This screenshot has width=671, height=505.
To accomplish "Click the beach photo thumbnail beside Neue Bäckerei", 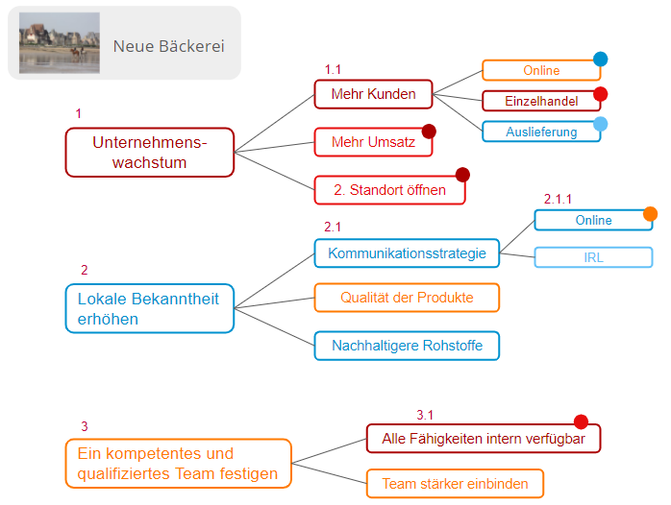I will tap(60, 43).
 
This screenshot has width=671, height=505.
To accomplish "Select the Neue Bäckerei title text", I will tap(169, 46).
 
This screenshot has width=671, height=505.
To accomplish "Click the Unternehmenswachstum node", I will tap(149, 153).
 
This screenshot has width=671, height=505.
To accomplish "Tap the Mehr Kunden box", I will tap(373, 94).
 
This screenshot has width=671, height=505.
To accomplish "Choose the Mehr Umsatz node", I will tap(373, 142).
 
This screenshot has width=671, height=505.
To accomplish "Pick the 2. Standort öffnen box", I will tap(389, 190).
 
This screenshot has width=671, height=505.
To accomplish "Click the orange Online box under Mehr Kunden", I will tap(541, 70).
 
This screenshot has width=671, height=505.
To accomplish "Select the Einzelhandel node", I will tap(541, 101).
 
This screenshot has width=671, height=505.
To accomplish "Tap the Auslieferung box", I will tap(541, 132).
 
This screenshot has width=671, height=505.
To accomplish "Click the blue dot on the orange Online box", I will tap(601, 59).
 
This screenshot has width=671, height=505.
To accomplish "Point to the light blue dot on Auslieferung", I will tap(601, 124).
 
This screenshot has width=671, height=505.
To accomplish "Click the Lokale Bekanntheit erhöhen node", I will tap(149, 308).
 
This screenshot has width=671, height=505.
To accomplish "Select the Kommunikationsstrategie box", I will tap(408, 253).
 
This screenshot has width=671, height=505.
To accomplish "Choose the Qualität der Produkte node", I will tap(407, 298).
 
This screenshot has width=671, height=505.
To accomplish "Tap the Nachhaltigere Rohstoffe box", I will tap(407, 345).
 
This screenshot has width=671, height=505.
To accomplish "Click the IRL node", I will tap(593, 257).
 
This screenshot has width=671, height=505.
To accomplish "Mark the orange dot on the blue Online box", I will tap(651, 213).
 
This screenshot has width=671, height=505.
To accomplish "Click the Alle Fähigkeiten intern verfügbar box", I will tap(483, 439).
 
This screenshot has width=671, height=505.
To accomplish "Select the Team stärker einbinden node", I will tap(455, 484).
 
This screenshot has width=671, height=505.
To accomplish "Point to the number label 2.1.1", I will tap(558, 200).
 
